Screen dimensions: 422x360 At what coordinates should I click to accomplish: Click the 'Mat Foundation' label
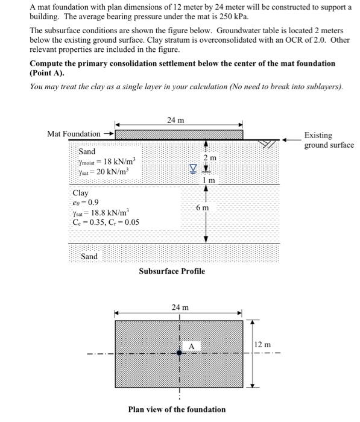click(x=74, y=133)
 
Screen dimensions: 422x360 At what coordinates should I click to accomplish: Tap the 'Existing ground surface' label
click(x=329, y=140)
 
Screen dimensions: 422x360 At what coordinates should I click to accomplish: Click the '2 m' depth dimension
click(x=209, y=157)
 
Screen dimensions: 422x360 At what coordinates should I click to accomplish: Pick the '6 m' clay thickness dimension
click(x=203, y=207)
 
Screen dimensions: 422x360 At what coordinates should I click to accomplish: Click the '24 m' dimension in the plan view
click(x=180, y=307)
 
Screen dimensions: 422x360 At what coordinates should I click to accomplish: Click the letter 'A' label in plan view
click(x=191, y=346)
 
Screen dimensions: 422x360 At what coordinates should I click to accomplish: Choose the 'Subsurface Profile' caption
click(x=172, y=271)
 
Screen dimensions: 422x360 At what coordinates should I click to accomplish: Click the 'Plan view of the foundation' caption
click(x=177, y=409)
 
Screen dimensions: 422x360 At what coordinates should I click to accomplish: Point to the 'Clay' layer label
click(x=80, y=193)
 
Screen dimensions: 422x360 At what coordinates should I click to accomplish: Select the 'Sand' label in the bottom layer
click(x=89, y=257)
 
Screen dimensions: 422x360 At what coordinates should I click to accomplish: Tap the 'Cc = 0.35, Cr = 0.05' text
click(x=106, y=222)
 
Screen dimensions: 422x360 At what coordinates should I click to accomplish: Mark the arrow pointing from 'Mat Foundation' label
click(x=109, y=133)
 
